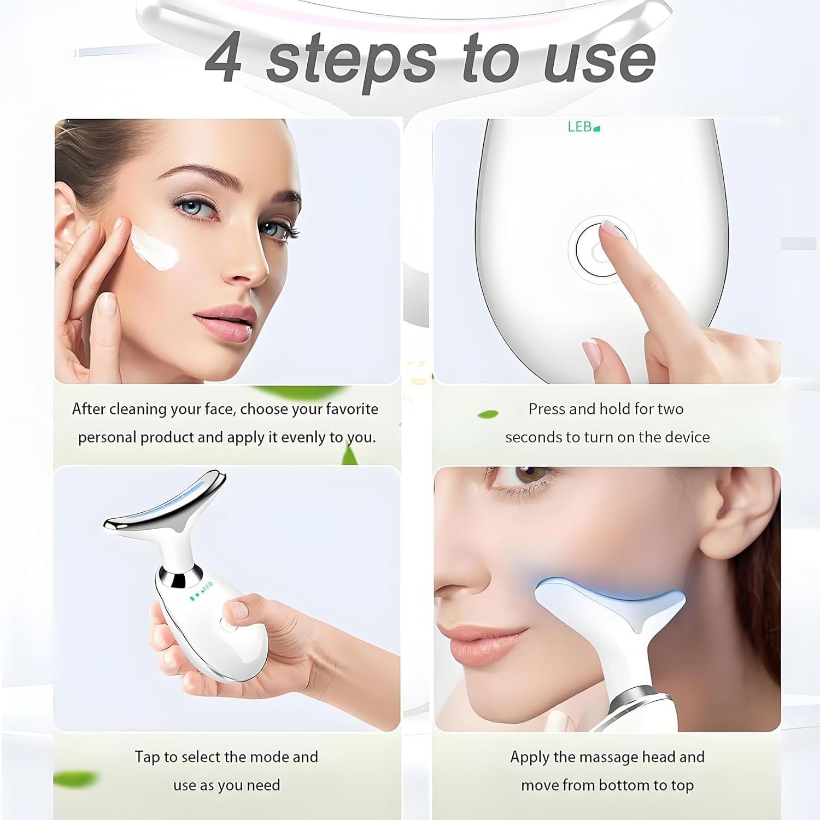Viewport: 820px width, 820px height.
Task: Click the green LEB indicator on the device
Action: click(584, 127)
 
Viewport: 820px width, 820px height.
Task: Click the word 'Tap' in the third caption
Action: click(148, 757)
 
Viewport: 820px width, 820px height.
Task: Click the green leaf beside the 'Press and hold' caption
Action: click(488, 414)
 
